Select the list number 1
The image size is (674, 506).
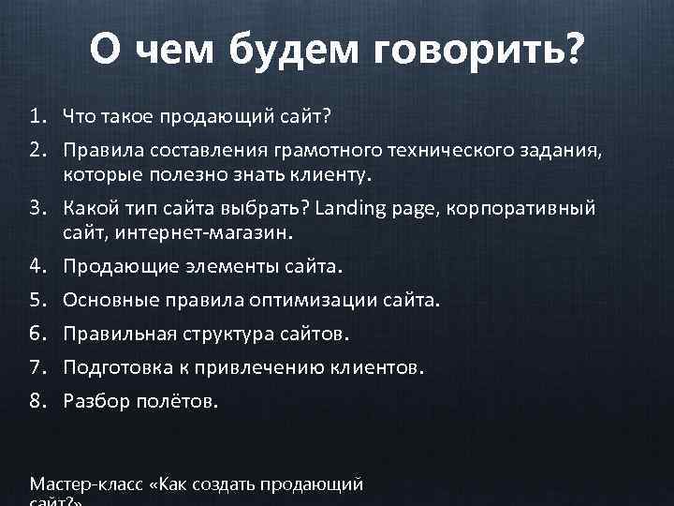pos(37,117)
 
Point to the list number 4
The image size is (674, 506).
pos(37,267)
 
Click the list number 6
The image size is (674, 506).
pos(37,335)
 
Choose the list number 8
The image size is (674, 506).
pos(37,402)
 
